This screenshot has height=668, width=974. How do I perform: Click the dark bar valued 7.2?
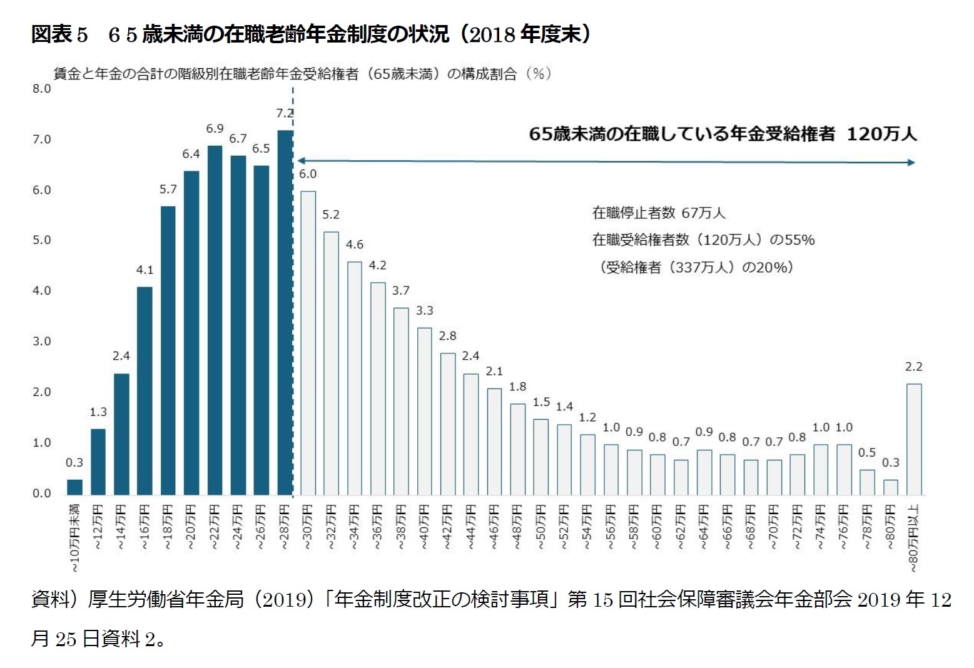(x=285, y=313)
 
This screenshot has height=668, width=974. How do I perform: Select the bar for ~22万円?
(x=215, y=320)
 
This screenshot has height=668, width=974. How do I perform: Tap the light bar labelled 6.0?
(x=308, y=343)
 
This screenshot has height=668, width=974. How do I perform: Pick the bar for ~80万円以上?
(x=913, y=439)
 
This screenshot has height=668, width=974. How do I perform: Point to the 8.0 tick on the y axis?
(x=42, y=89)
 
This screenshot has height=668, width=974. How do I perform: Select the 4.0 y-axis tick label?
(x=42, y=291)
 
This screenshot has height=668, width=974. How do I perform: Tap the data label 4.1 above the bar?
(x=145, y=270)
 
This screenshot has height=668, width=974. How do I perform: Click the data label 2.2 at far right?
(x=913, y=367)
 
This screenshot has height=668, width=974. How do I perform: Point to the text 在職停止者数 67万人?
(x=658, y=213)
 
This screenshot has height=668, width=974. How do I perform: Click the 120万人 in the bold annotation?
(x=881, y=134)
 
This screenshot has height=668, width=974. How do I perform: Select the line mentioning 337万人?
(x=696, y=268)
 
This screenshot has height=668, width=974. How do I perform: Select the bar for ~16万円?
(x=145, y=391)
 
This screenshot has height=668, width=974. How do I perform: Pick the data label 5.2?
(x=331, y=215)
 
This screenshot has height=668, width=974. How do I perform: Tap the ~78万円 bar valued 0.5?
(x=867, y=482)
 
